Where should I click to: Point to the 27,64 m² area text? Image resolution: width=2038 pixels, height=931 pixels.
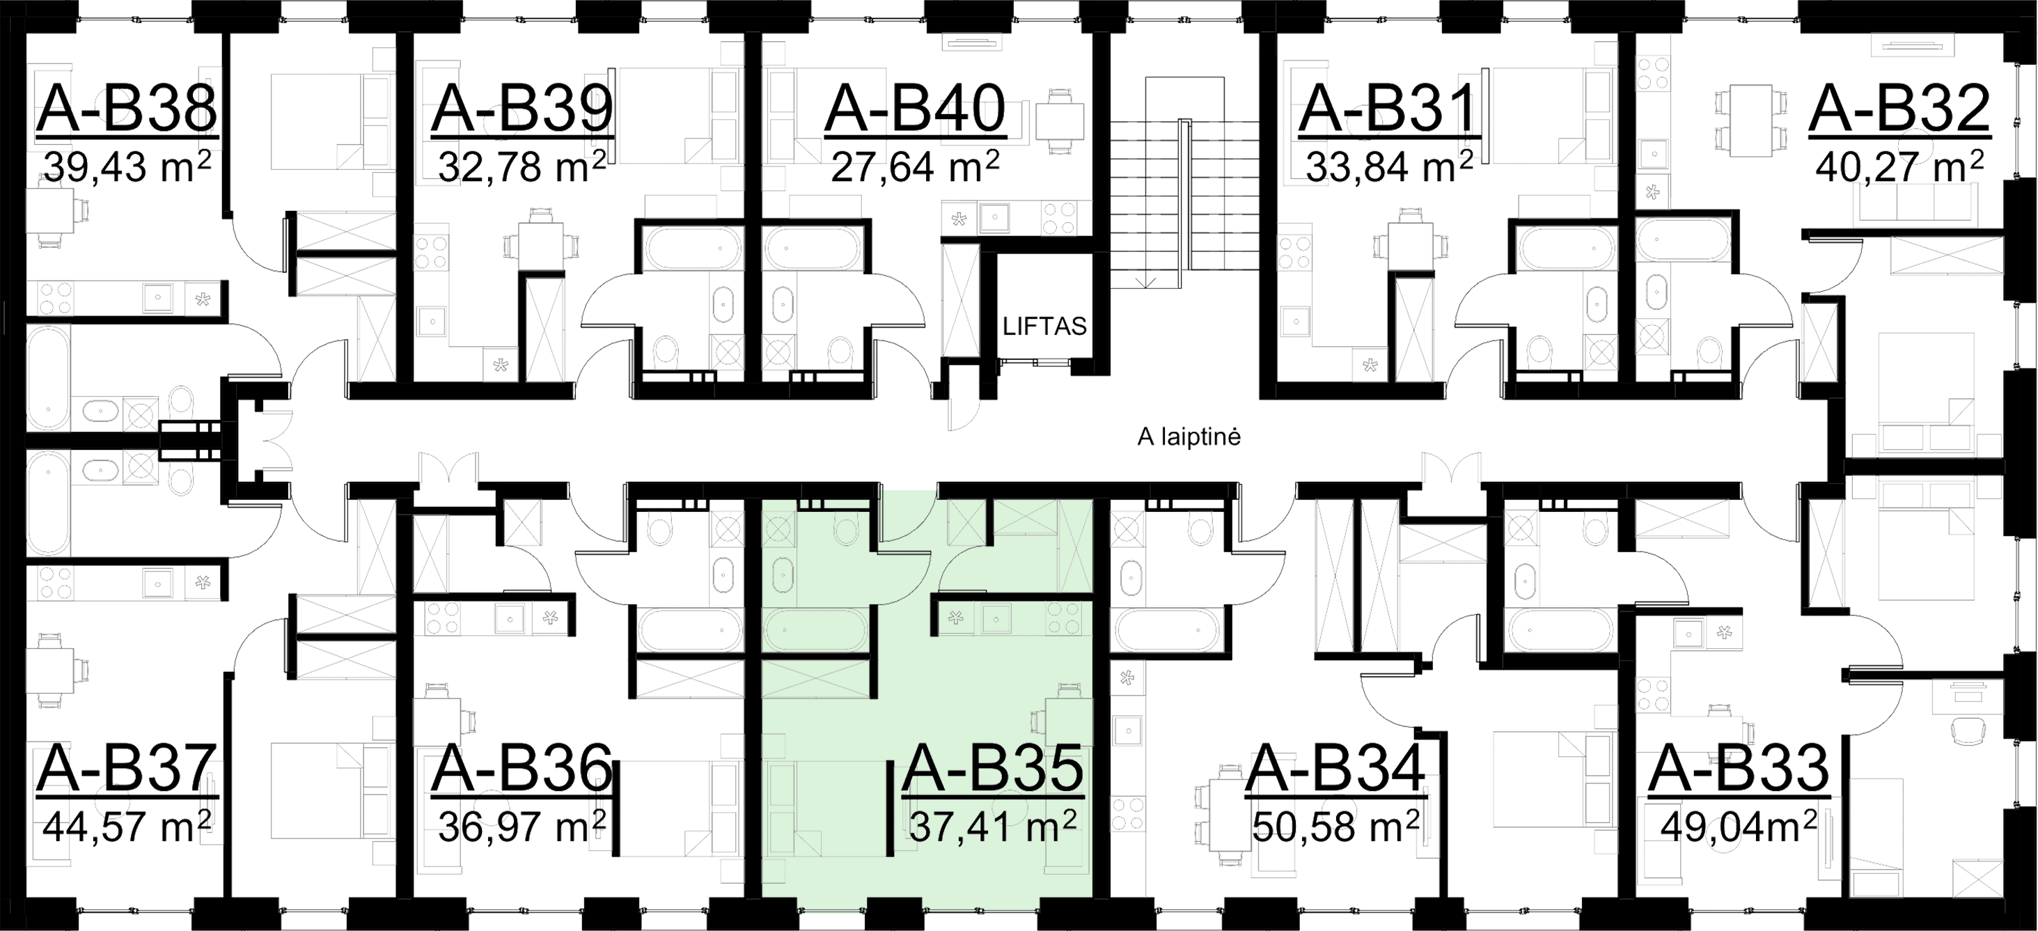914,169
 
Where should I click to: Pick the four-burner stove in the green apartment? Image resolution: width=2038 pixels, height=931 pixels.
1065,618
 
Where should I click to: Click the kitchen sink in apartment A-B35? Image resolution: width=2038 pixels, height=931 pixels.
996,619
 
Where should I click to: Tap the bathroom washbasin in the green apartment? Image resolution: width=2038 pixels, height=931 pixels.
783,574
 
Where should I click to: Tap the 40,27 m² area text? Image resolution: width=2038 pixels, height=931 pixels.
1899,169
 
